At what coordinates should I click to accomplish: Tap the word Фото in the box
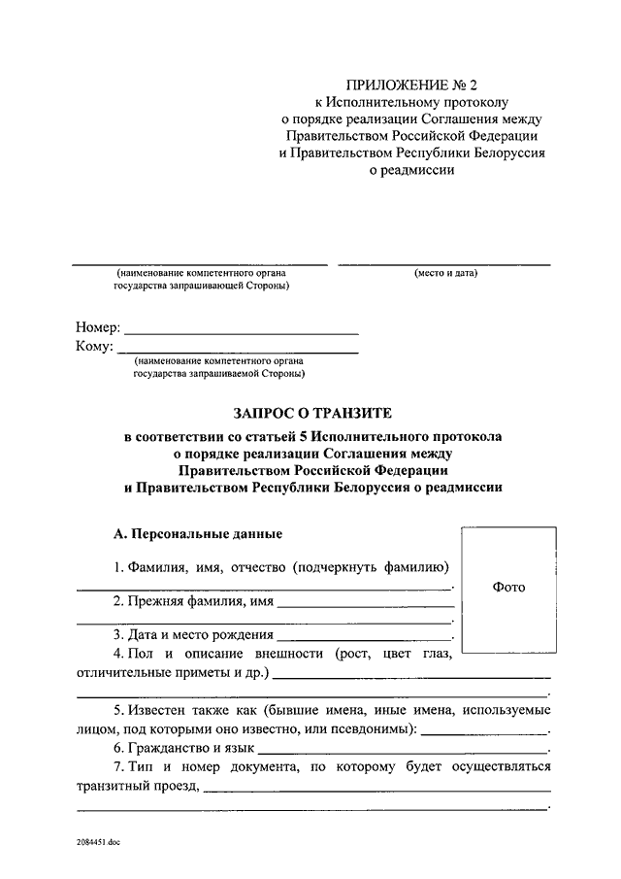508,587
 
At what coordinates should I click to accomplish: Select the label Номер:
97,328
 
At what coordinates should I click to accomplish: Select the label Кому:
94,347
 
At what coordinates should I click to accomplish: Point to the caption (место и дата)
445,273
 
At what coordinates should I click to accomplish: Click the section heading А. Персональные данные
198,534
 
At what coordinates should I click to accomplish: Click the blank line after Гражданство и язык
403,752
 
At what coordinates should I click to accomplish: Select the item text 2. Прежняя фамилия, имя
191,602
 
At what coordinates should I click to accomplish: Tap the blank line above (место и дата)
443,263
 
